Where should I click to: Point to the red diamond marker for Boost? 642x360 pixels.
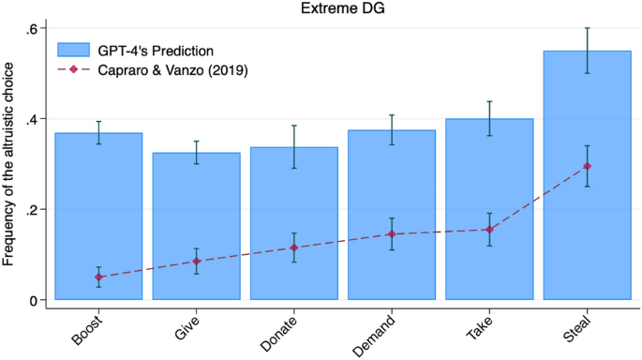[x=98, y=277]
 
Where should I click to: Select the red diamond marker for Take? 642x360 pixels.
[x=489, y=230]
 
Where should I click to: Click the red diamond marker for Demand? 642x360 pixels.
[x=392, y=234]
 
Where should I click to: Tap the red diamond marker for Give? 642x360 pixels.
[x=196, y=262]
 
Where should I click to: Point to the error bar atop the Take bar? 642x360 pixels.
[x=489, y=118]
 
